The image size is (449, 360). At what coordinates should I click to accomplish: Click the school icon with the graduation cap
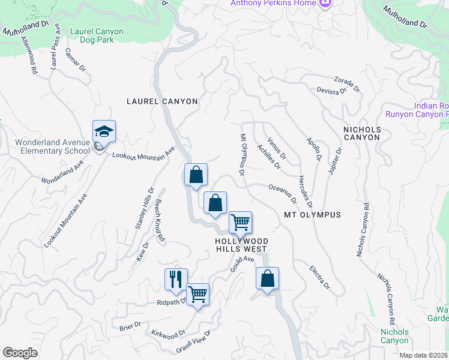tap(104, 131)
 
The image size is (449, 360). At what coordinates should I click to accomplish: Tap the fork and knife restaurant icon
tap(176, 279)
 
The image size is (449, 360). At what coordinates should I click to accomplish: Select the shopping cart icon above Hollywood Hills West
tap(240, 223)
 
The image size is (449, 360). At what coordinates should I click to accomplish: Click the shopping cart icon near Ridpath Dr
tap(197, 294)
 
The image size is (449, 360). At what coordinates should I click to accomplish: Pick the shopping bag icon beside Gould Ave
tap(268, 279)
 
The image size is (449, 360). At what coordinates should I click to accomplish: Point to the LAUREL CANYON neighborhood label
tap(162, 101)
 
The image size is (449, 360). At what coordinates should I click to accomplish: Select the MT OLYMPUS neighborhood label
tap(312, 215)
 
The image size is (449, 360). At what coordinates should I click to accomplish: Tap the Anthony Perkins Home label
tap(273, 4)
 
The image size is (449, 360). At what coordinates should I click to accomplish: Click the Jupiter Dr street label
tap(334, 161)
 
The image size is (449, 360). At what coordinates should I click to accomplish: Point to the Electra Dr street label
tap(320, 277)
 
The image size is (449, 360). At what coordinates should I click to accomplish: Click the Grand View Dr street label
tap(193, 341)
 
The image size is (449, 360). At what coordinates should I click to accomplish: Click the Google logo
tap(20, 353)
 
